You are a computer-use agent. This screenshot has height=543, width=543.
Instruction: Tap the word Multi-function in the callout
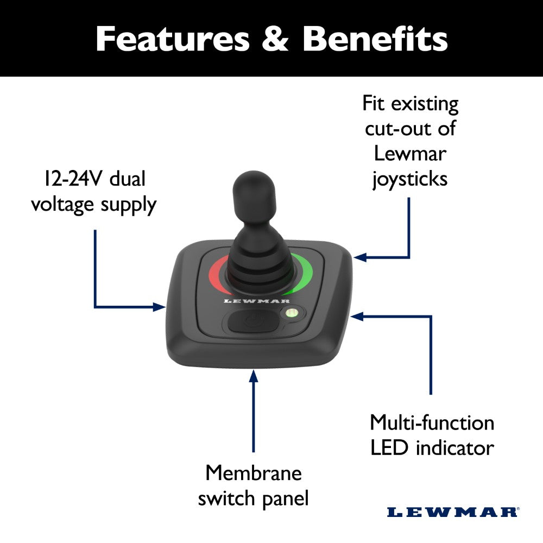432,422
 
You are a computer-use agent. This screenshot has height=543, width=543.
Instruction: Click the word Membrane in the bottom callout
253,473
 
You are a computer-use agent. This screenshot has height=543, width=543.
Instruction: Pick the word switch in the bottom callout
224,498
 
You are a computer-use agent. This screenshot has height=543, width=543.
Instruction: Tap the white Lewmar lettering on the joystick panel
257,301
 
